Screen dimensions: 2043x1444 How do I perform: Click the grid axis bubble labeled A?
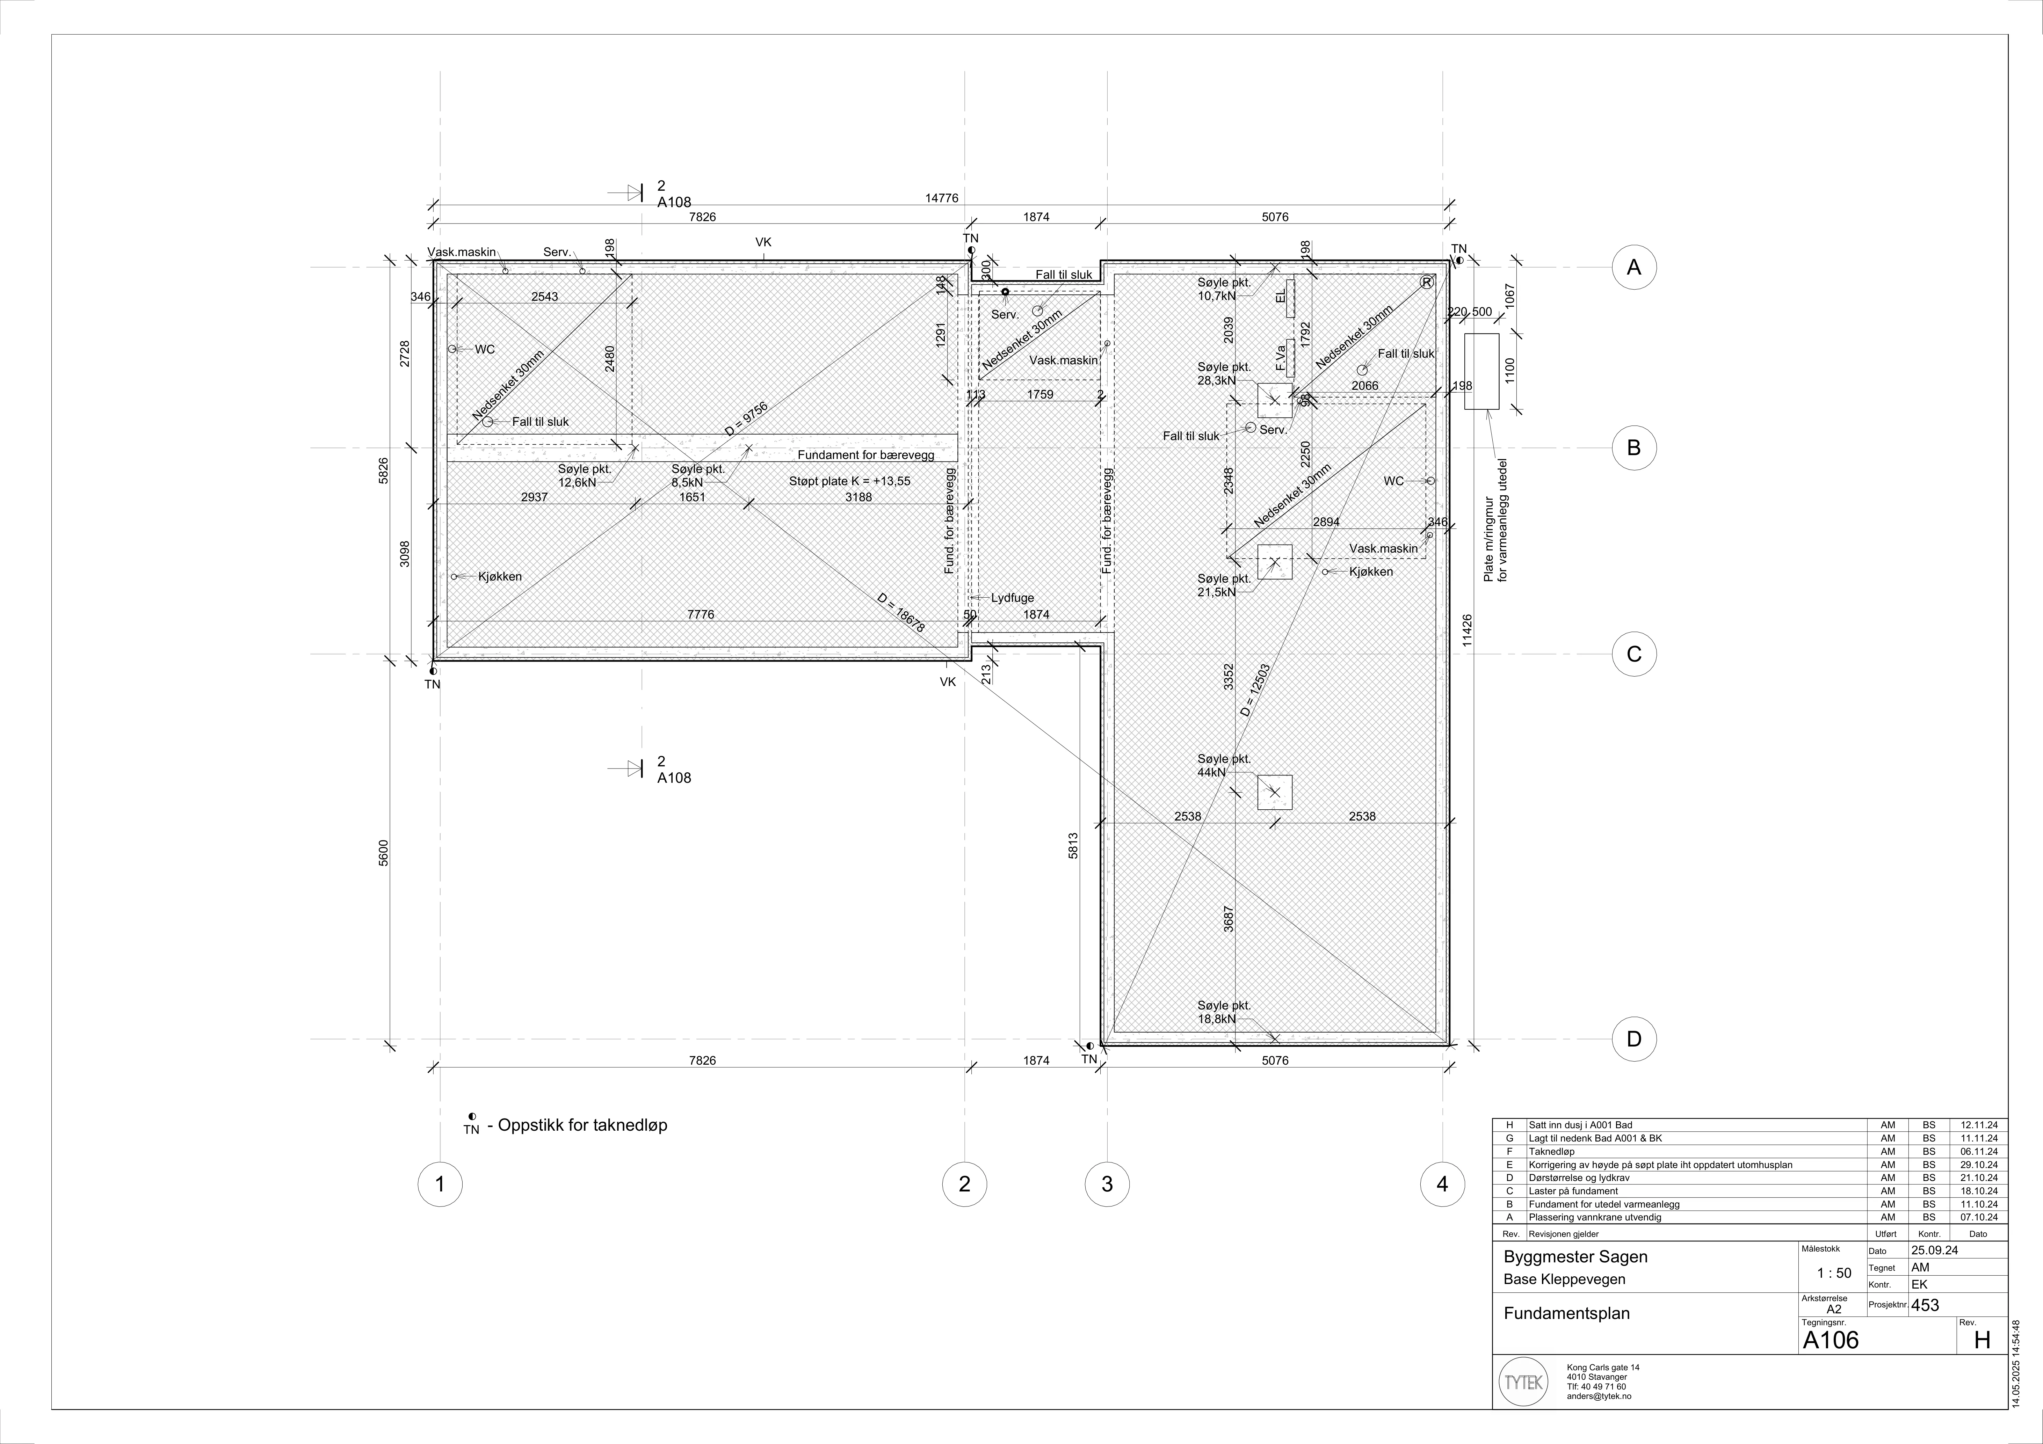[x=1634, y=267]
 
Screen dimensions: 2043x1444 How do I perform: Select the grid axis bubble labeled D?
[x=1634, y=1038]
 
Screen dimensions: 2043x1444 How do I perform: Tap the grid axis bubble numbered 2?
[x=965, y=1184]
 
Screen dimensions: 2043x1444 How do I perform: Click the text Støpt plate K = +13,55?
[x=850, y=481]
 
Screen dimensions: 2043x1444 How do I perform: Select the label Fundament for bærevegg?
[x=866, y=455]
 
